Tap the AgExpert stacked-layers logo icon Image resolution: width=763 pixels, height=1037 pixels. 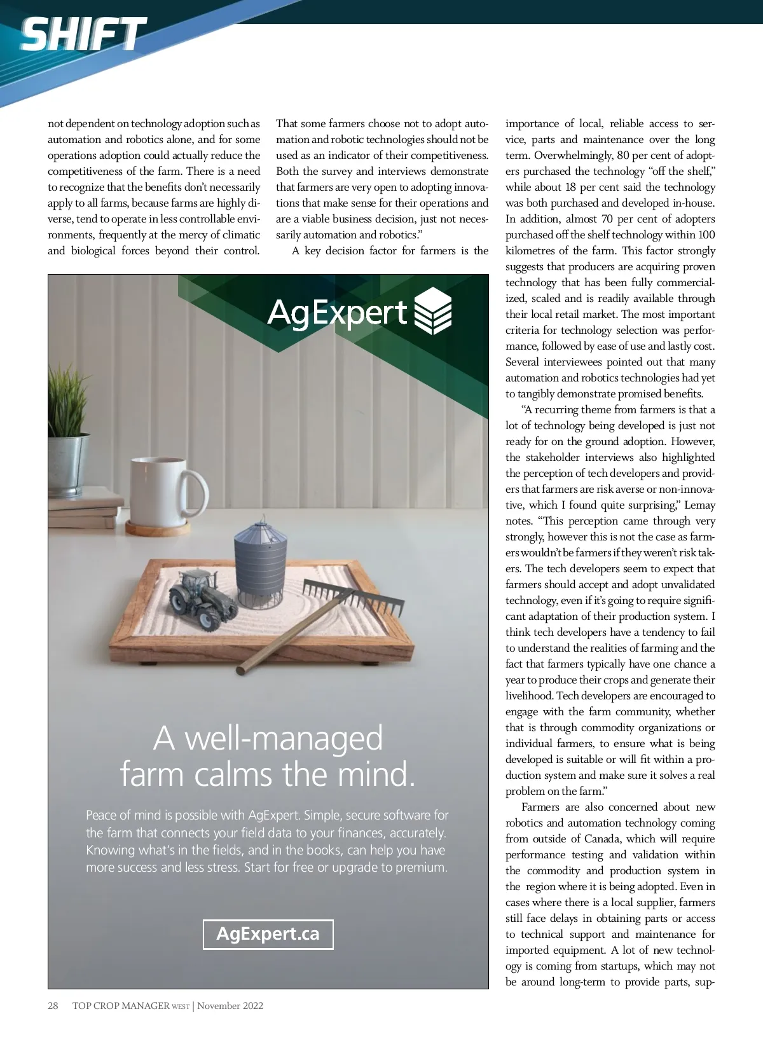tap(432, 311)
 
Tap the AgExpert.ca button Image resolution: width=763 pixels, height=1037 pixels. tap(268, 934)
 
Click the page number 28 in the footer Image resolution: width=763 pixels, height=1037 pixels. tap(53, 1006)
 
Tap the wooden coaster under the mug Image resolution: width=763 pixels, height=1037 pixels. tap(158, 528)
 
